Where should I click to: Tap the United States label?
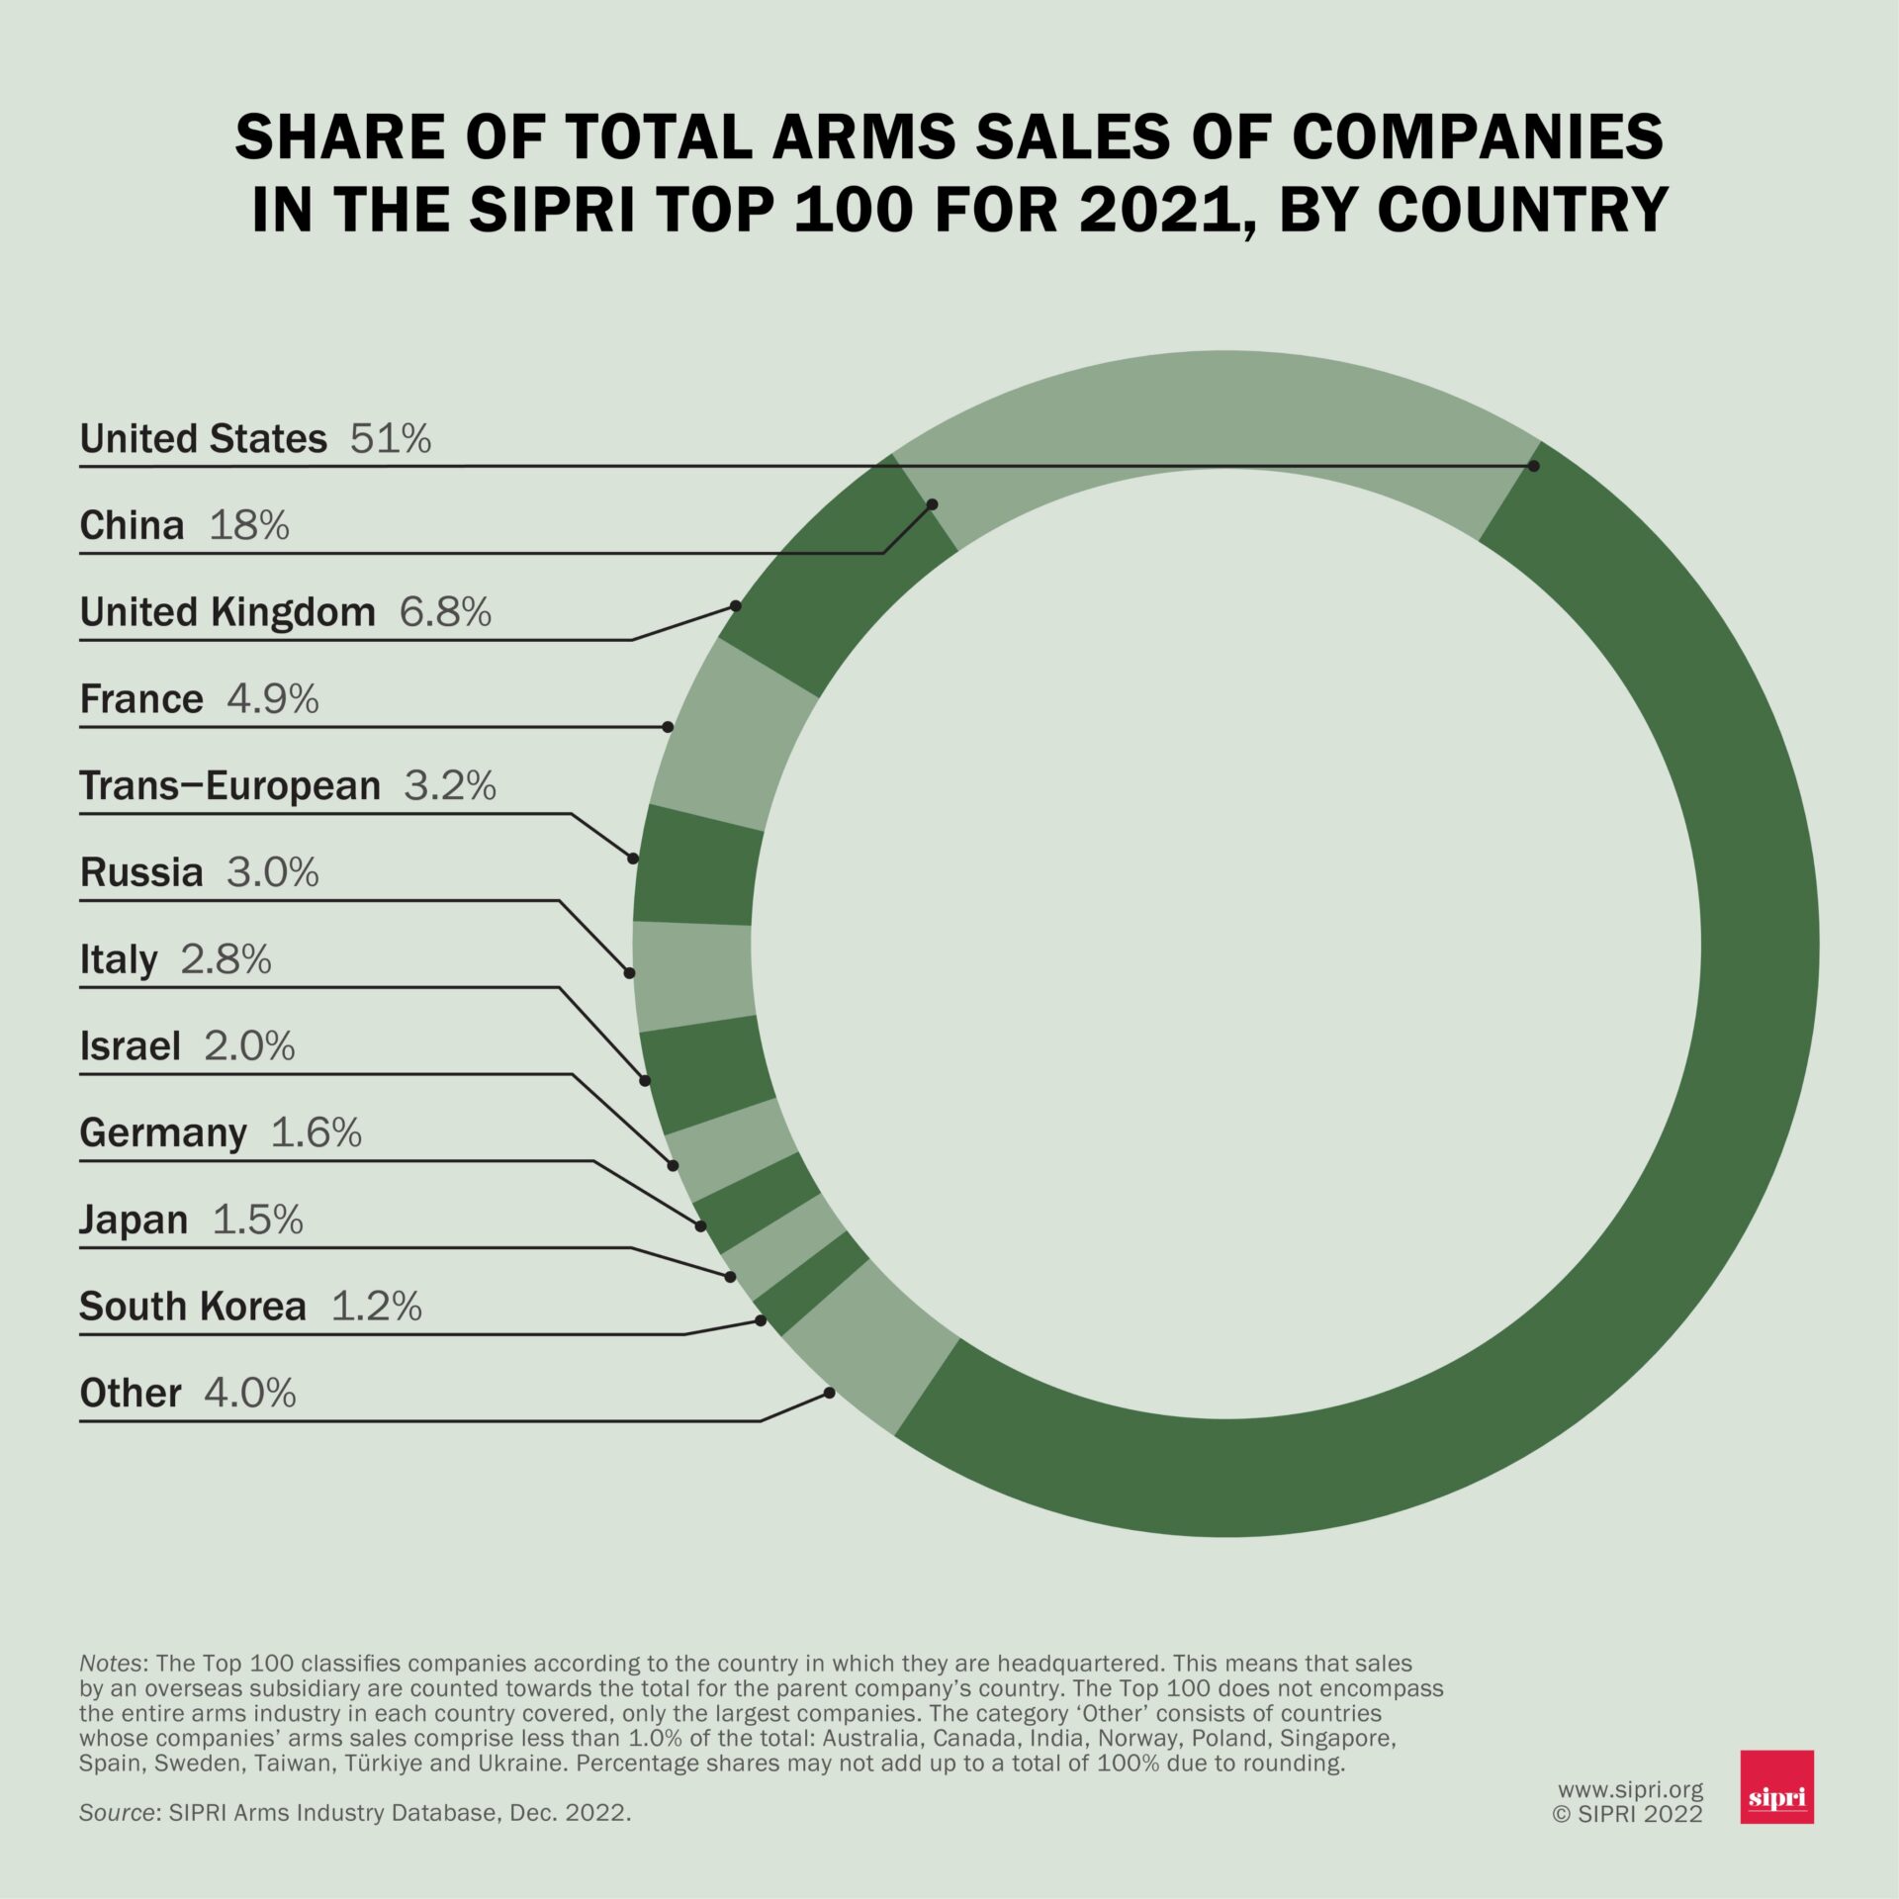203,438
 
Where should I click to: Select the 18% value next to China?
249,525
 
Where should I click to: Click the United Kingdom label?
227,612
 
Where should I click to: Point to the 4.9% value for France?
273,699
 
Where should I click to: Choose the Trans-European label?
229,785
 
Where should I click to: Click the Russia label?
141,872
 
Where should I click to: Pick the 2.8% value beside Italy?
226,959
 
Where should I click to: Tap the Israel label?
131,1046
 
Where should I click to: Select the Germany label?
163,1132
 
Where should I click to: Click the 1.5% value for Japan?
257,1220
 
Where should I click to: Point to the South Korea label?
193,1307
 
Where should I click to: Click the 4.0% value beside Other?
250,1394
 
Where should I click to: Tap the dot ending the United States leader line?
1534,466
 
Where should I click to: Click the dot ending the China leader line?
932,504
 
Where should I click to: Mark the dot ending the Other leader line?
829,1393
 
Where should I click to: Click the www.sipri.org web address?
1630,1789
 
